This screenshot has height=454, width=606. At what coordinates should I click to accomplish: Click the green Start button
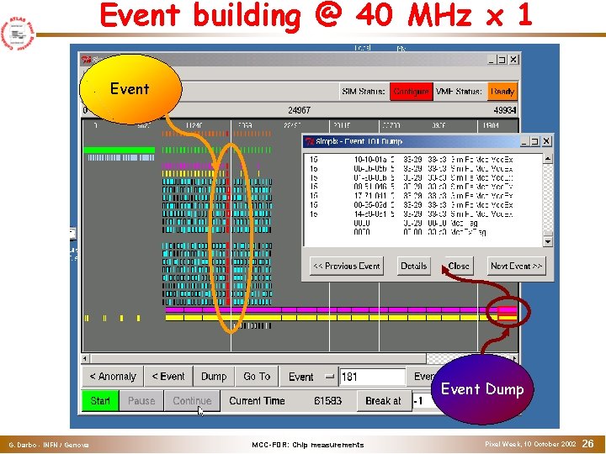pos(100,401)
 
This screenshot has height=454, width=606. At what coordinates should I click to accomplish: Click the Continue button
pos(192,401)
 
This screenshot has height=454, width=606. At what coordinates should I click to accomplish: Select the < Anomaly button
pos(112,377)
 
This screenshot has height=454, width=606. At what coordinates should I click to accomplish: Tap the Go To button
pos(257,377)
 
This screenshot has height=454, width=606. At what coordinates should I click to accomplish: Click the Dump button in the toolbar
pos(214,377)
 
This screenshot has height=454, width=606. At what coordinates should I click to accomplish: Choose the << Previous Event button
pos(347,266)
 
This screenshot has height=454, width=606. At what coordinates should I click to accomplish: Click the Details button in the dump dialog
pos(413,266)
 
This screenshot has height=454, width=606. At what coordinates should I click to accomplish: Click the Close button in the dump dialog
pos(459,266)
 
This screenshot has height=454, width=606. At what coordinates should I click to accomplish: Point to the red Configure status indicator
pos(411,91)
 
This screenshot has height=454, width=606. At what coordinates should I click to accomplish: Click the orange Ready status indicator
pos(502,91)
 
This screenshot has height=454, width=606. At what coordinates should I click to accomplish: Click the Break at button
pos(383,401)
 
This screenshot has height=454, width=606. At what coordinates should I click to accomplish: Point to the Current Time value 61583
pos(327,401)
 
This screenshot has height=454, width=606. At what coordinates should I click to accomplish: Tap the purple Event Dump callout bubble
pos(481,389)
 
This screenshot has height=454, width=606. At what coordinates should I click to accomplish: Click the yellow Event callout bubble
pos(130,89)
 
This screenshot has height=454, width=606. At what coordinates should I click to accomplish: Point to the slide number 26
pos(588,443)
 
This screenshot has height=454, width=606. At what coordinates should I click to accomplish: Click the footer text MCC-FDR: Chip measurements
pos(308,445)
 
